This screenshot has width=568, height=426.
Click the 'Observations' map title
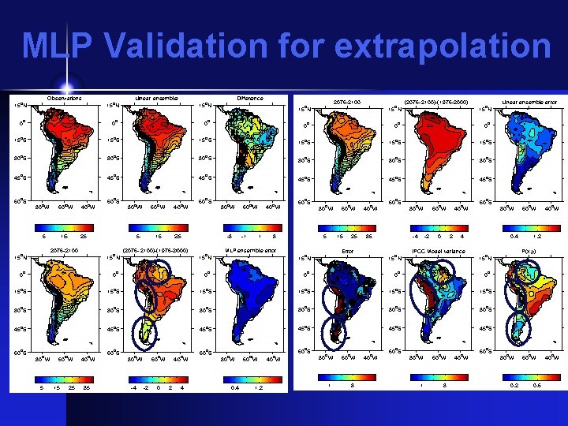pos(64,99)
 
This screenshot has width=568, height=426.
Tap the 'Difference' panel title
pos(250,99)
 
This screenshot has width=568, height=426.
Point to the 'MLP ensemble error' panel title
pos(250,250)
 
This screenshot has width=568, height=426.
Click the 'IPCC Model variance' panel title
pos(438,252)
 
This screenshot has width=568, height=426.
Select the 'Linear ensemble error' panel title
pos(529,102)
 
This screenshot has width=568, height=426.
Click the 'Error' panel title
pos(347,252)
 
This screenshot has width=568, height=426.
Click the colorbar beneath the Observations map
pos(64,225)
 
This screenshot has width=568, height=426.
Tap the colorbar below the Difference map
pos(250,225)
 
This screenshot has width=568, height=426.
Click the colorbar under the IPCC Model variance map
pos(438,376)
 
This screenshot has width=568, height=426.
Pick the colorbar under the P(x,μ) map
pos(529,376)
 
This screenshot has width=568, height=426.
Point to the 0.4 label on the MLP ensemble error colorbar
pos(235,387)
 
